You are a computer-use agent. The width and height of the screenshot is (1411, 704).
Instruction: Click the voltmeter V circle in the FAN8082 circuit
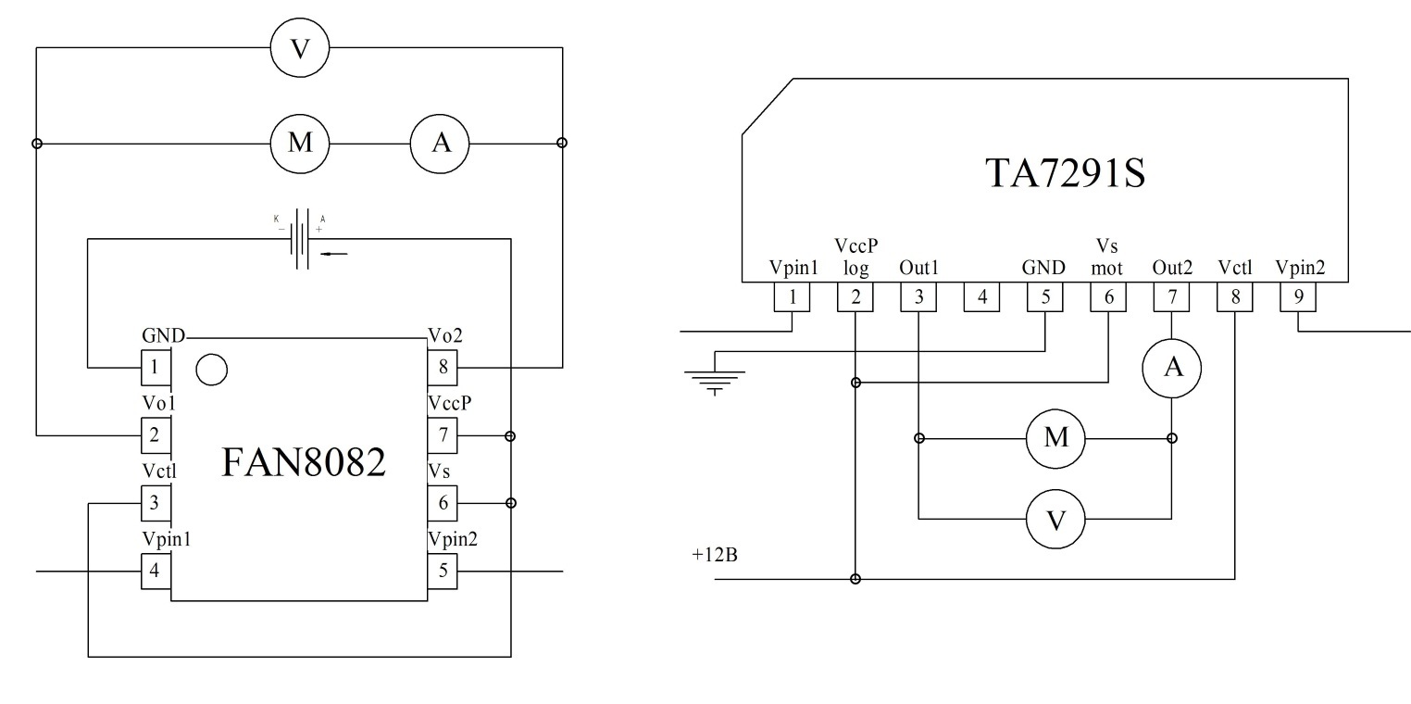click(x=299, y=48)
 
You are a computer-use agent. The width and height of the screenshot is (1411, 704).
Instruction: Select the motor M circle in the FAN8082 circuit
click(x=299, y=144)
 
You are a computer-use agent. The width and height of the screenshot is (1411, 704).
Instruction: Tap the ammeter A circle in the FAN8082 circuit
click(x=440, y=144)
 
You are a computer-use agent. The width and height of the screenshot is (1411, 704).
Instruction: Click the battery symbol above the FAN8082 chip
click(x=302, y=239)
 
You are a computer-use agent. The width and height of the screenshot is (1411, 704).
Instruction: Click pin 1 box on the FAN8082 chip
click(x=155, y=367)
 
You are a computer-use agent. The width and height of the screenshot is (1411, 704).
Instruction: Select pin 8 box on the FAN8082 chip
click(x=443, y=367)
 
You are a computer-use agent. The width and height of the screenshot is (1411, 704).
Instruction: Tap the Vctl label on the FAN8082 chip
click(x=158, y=471)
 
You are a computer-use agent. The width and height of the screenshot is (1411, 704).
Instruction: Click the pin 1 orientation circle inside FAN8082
click(x=212, y=369)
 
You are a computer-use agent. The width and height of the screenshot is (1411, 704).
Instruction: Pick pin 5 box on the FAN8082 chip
click(x=443, y=571)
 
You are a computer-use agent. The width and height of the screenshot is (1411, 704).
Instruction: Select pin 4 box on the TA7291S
click(x=980, y=297)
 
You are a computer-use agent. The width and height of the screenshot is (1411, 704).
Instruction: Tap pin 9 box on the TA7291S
click(x=1297, y=297)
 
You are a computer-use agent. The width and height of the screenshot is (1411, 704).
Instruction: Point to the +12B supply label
click(x=714, y=556)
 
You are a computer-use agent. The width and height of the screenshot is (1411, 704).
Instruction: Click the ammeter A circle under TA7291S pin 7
click(x=1172, y=368)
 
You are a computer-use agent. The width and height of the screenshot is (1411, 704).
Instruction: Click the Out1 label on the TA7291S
click(x=918, y=269)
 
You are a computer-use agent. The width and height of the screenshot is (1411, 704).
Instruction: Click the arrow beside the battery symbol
click(x=333, y=252)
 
